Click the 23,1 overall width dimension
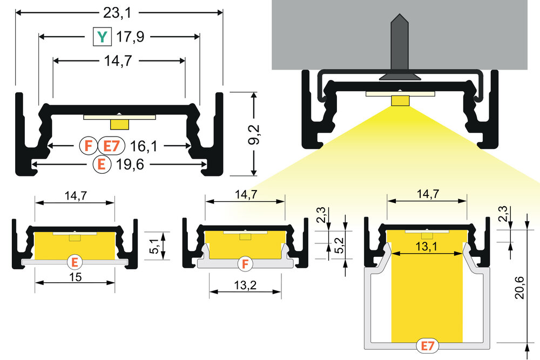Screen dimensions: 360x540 (x=119, y=12)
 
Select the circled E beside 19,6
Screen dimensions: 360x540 (x=101, y=164)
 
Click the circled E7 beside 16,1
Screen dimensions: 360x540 (x=111, y=145)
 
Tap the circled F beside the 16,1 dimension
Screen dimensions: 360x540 (x=86, y=145)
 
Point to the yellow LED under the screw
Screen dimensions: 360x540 (x=400, y=101)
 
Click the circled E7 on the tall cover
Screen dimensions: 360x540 (x=427, y=345)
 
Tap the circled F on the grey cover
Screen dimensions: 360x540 (x=245, y=264)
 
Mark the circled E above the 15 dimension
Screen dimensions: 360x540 (x=75, y=262)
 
